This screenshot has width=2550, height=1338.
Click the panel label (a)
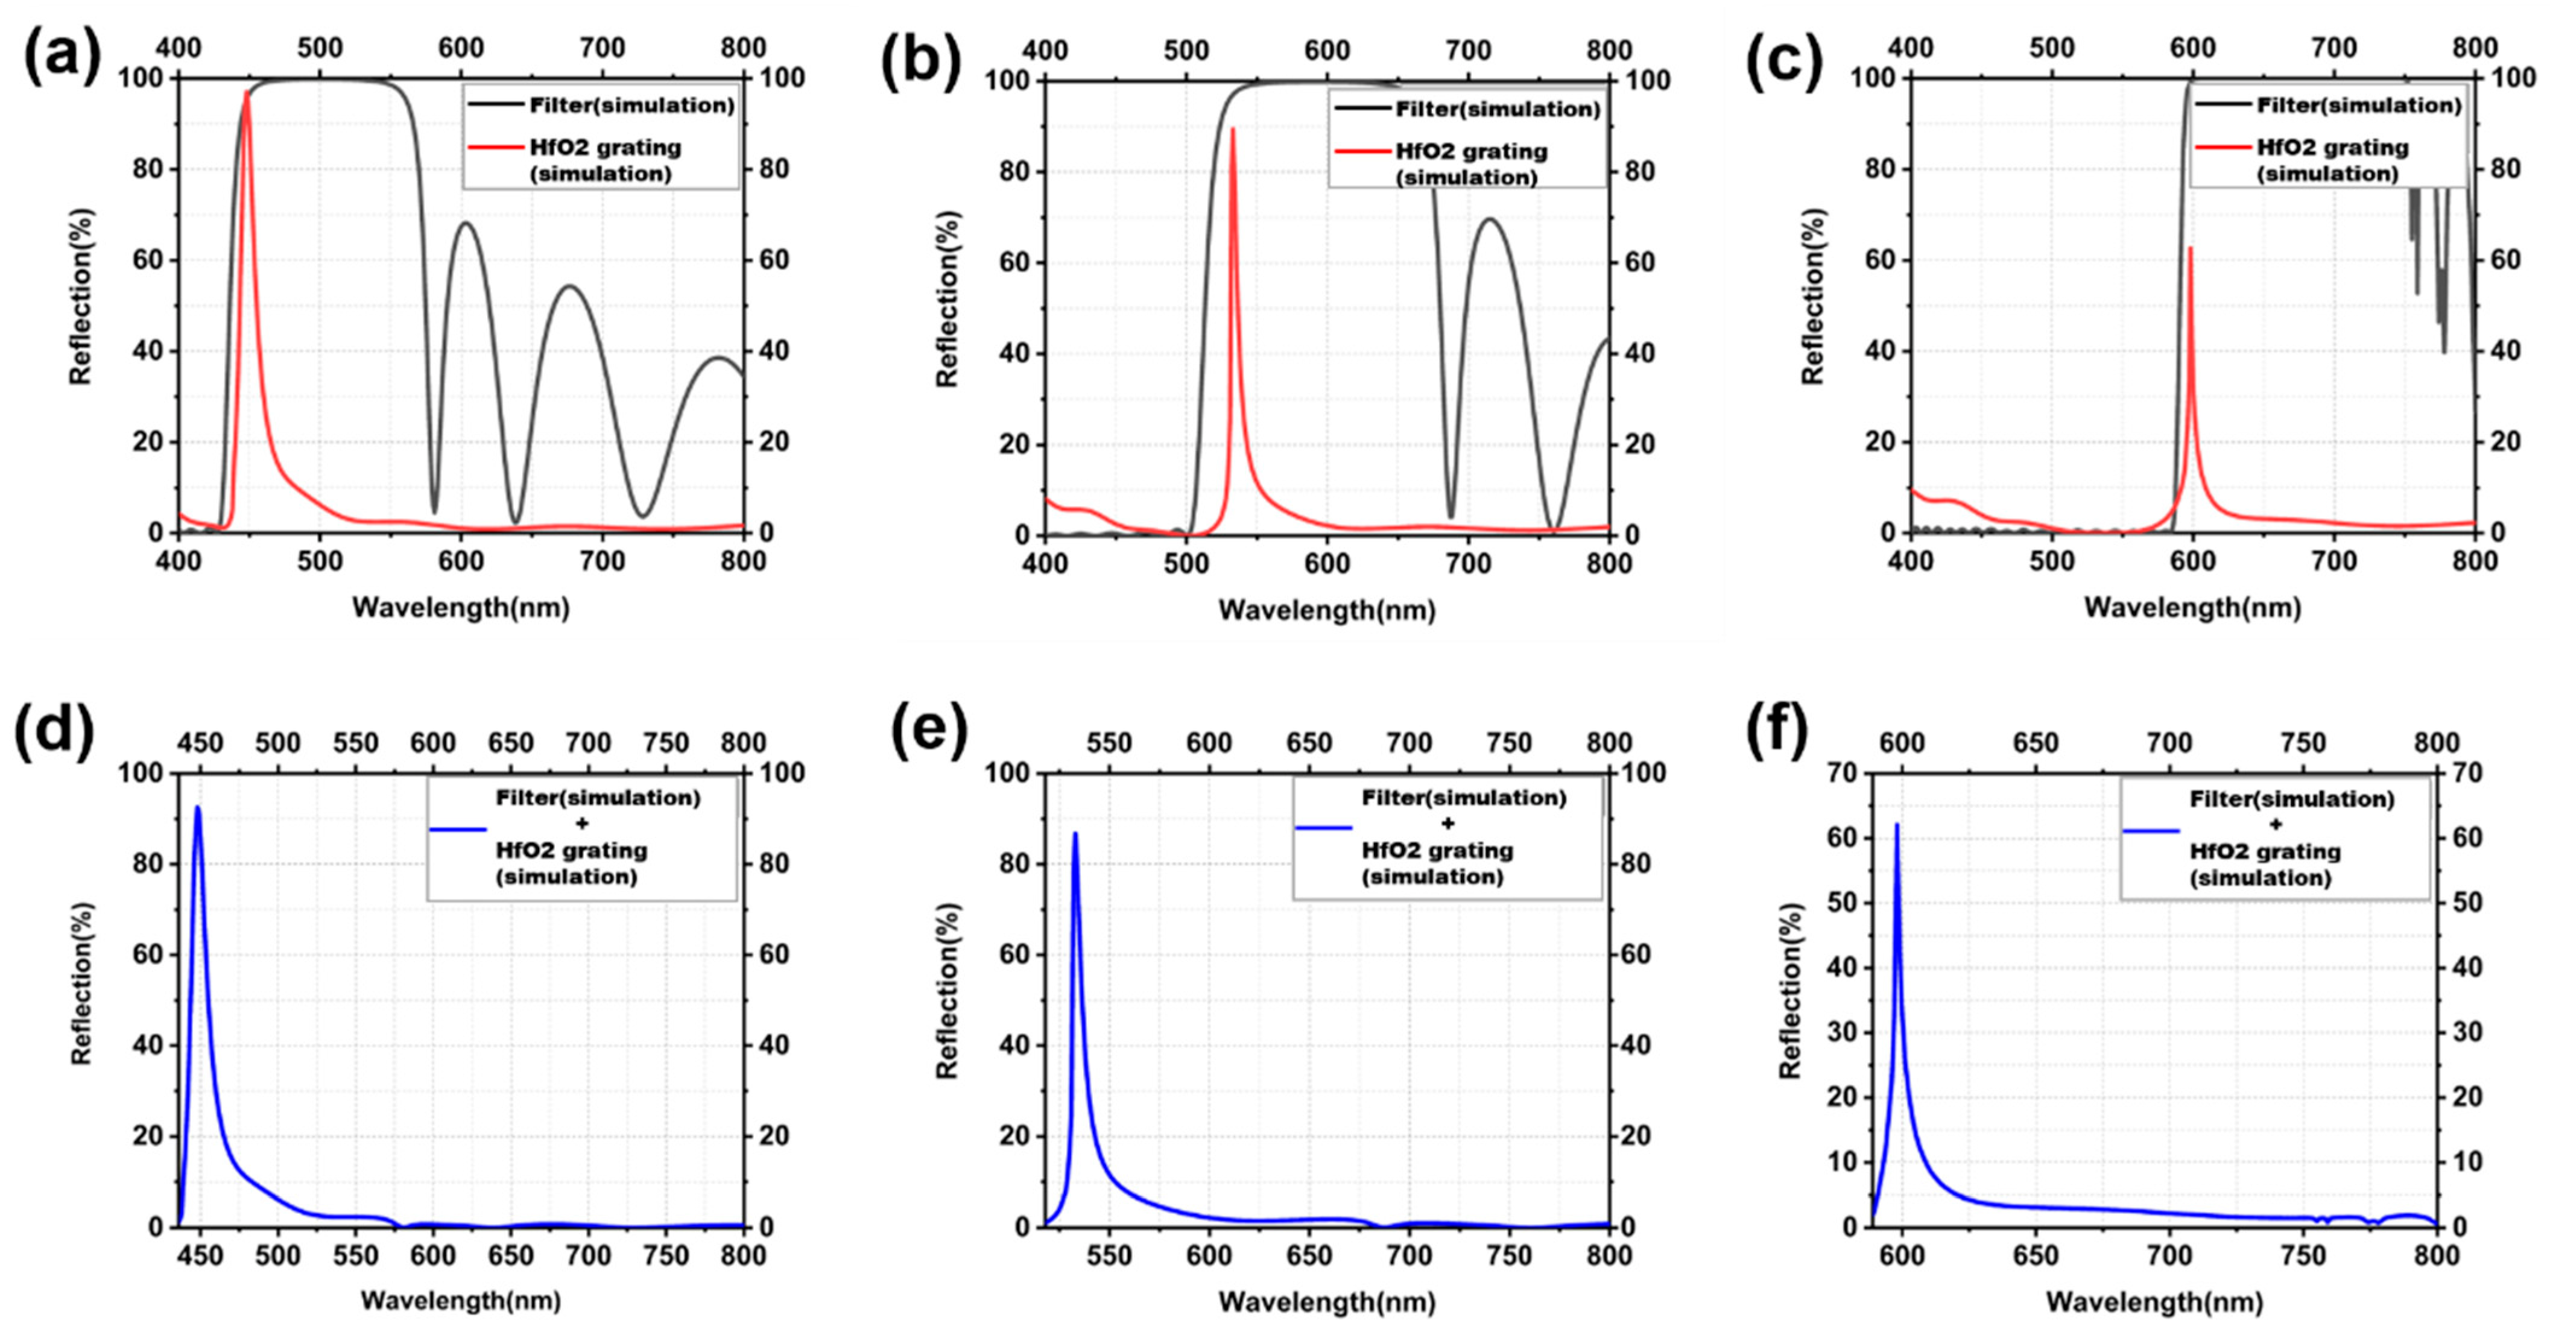coord(62,57)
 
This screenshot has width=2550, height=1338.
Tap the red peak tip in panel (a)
coord(247,92)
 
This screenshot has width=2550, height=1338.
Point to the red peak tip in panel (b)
coord(1232,128)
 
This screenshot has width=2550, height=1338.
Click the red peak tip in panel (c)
coord(2190,248)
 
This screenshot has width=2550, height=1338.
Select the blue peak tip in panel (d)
coord(197,807)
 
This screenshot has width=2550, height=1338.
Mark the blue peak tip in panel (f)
coord(1897,824)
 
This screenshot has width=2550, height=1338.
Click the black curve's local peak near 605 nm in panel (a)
coord(465,222)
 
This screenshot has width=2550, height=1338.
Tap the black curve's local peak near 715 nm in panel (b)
coord(1488,219)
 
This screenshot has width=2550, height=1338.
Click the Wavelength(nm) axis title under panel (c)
coord(2192,608)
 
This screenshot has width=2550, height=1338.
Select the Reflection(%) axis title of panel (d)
coord(81,983)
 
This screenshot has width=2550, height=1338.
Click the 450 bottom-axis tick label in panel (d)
coord(200,1256)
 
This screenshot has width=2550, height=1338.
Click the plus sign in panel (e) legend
coord(1447,824)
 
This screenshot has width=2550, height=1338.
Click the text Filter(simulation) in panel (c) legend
coord(2359,105)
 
